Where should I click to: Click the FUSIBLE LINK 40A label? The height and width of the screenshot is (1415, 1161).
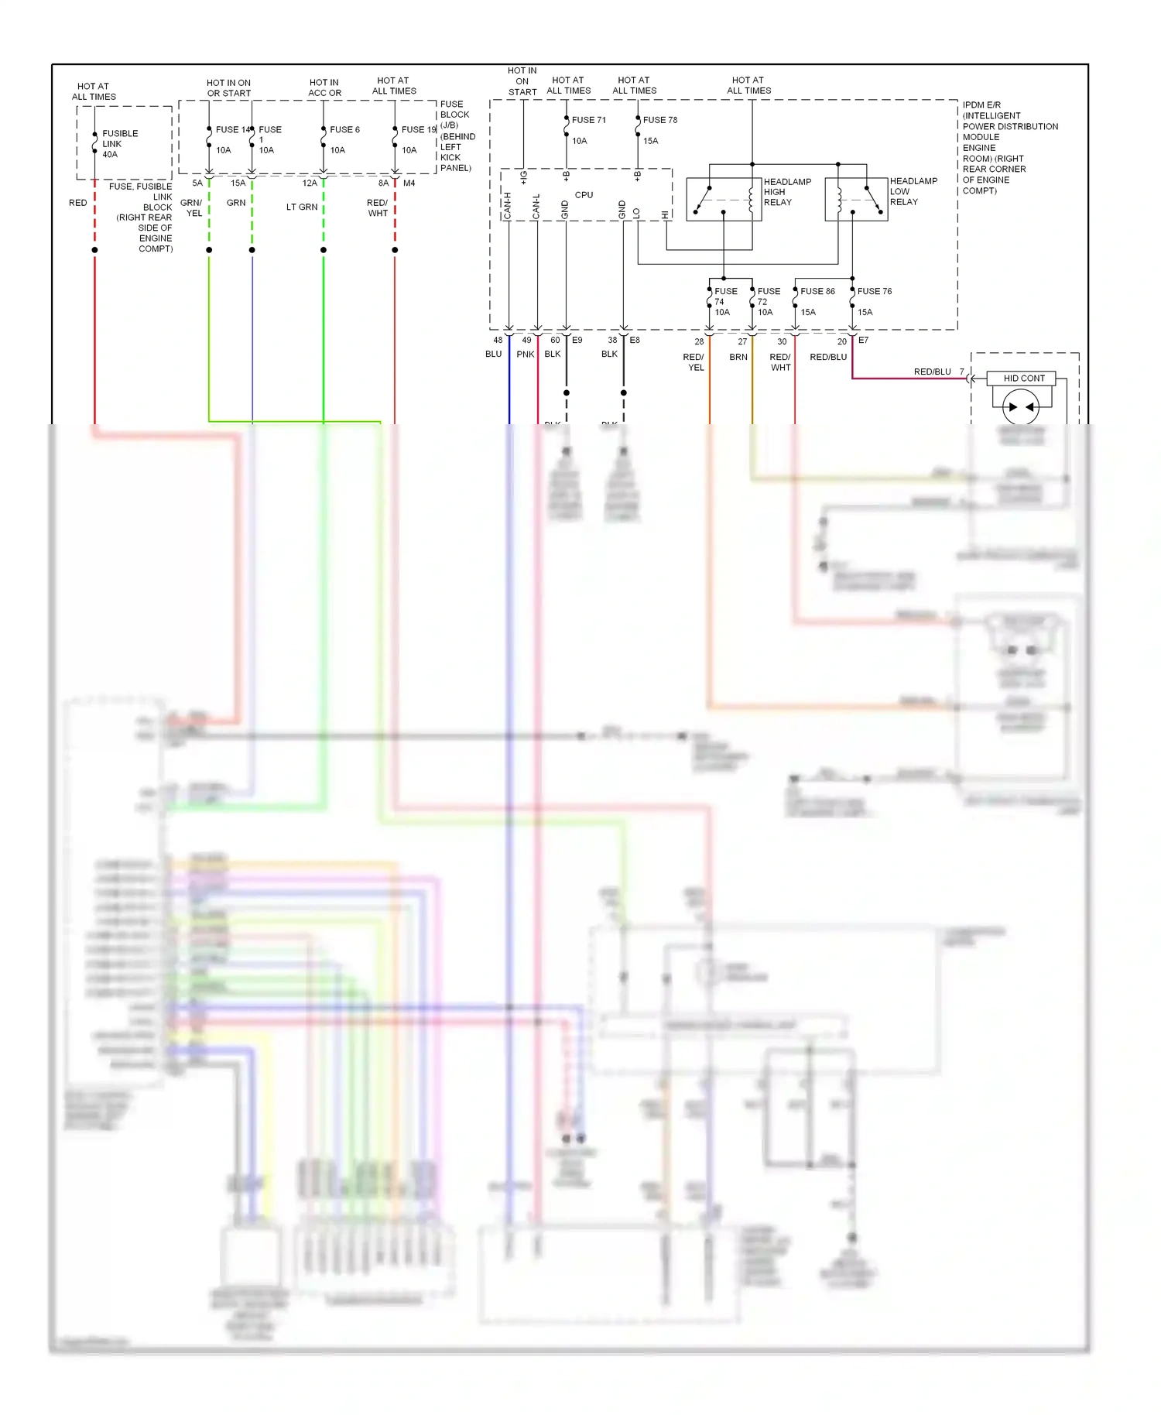coord(120,144)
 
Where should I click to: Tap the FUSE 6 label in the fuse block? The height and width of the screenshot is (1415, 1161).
coord(344,130)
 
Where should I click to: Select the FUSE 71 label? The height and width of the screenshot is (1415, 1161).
coord(589,120)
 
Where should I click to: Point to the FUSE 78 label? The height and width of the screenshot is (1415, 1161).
coord(660,120)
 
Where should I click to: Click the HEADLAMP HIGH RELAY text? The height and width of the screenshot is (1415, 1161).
coord(787,192)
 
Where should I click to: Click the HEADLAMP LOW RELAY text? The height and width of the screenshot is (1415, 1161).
coord(913,191)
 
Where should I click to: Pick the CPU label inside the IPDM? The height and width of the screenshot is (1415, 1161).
coord(584,195)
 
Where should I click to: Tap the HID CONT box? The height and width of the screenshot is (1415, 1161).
coord(1023,379)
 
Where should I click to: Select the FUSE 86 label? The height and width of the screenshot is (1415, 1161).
coord(817,292)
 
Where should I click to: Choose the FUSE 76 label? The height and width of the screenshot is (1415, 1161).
coord(875,292)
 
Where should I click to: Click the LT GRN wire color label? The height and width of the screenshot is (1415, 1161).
coord(302,207)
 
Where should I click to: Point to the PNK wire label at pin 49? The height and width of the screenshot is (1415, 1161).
coord(526,355)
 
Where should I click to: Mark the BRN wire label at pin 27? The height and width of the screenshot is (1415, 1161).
coord(738,358)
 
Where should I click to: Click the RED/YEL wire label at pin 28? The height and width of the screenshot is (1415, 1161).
coord(694,362)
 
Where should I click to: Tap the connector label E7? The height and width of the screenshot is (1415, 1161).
coord(863,341)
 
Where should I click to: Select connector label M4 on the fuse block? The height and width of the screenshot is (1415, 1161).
coord(409,183)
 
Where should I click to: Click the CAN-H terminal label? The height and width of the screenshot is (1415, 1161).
coord(508,206)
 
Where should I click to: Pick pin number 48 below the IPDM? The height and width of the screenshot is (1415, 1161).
coord(498,341)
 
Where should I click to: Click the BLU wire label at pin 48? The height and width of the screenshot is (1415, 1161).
coord(494,355)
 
